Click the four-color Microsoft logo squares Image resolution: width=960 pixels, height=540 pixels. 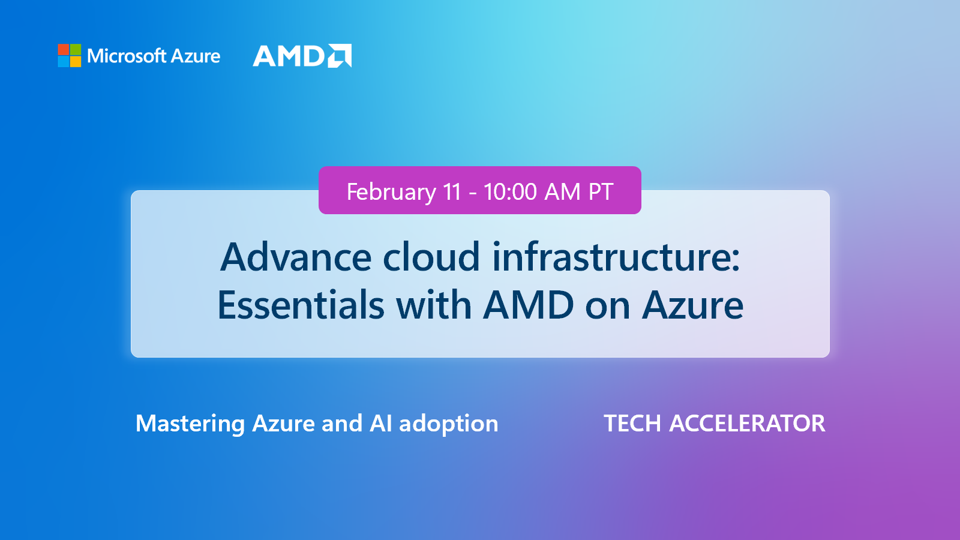coord(70,55)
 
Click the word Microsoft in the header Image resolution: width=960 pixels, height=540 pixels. coord(127,56)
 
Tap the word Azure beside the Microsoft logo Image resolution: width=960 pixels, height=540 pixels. coord(196,56)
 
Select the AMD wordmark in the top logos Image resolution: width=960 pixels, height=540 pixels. coord(289,56)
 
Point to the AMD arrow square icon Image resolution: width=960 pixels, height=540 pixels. coord(340,56)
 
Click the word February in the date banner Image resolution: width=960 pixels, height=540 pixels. coord(391,192)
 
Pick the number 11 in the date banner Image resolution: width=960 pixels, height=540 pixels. coord(452,192)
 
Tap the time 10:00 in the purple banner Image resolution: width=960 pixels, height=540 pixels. coord(510,192)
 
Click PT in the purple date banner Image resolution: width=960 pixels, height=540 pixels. coord(601,192)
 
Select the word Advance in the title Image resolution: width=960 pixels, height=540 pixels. coord(296,257)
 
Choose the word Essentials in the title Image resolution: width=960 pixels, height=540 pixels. coord(301,305)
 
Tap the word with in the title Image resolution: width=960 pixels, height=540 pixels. coord(433,305)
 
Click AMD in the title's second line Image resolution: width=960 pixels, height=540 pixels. coord(529,305)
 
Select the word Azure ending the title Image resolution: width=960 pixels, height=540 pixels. coord(692,305)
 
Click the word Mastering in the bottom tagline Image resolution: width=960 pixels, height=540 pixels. coord(190,424)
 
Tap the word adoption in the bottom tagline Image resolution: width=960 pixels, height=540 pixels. coord(448,424)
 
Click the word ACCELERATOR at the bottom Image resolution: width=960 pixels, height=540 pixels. coord(747,424)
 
